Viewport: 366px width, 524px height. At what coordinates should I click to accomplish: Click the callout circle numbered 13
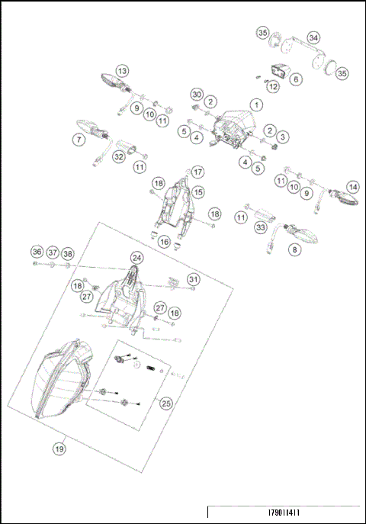coord(123,69)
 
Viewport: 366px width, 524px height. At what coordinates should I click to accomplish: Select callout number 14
coord(352,187)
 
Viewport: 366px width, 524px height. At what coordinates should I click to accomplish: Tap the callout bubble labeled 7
coord(79,140)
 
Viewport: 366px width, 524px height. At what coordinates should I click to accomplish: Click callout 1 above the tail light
coord(257,104)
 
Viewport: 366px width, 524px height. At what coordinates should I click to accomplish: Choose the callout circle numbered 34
coord(313,37)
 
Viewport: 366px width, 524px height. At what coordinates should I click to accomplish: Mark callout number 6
coord(296,79)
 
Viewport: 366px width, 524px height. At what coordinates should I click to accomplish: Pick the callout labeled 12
coord(272,86)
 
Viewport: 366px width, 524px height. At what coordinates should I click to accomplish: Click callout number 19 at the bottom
coord(59,449)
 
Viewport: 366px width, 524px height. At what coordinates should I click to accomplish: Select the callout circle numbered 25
coord(165,404)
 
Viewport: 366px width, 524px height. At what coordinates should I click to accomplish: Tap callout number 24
coord(136,258)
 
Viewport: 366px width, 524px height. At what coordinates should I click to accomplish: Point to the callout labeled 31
coord(194,280)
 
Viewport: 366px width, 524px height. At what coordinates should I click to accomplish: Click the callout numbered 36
coord(37,252)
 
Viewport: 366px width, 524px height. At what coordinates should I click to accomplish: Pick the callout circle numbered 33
coord(261,227)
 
